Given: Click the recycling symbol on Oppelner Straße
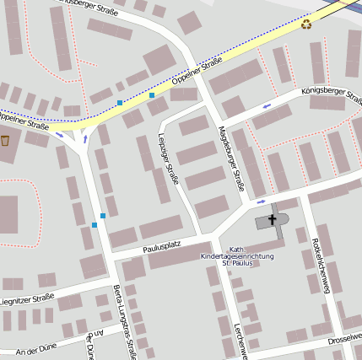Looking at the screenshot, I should (305, 24).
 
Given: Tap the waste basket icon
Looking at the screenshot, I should (6, 141).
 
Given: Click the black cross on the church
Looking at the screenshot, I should (273, 220).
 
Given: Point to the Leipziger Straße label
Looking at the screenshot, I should (170, 159).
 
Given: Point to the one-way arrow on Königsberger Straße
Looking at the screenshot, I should (267, 106).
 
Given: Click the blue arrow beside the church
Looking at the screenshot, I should (262, 201).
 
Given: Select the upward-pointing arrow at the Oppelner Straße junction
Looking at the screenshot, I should (84, 139).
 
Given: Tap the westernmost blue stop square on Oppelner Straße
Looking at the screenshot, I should (120, 102).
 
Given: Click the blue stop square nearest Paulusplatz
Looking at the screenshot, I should (95, 225).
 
